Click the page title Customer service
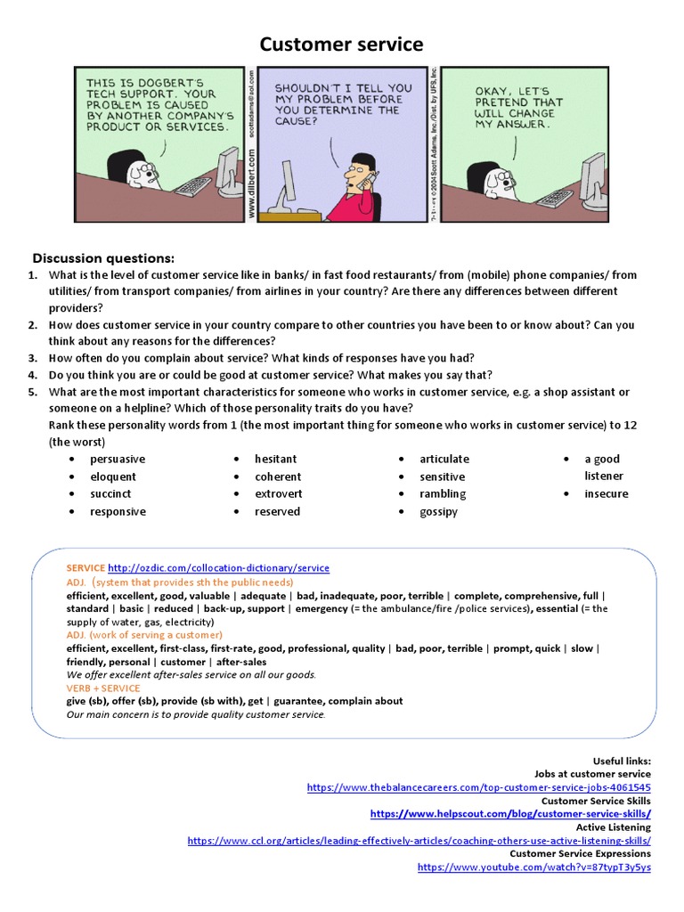coord(341,45)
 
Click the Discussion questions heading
coord(103,258)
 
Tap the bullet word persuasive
coord(118,460)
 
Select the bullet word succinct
coord(110,494)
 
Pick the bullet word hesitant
coord(276,460)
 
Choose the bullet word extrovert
coord(279,494)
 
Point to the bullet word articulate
coord(444,460)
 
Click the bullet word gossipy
coord(438,512)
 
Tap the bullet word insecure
coord(606,494)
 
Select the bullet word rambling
coord(443,494)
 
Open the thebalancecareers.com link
coord(478,788)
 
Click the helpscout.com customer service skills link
coord(510,814)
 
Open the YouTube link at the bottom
coord(533,867)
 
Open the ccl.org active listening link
coord(419,841)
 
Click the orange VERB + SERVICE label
coord(103,688)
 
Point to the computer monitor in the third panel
coord(591,175)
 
